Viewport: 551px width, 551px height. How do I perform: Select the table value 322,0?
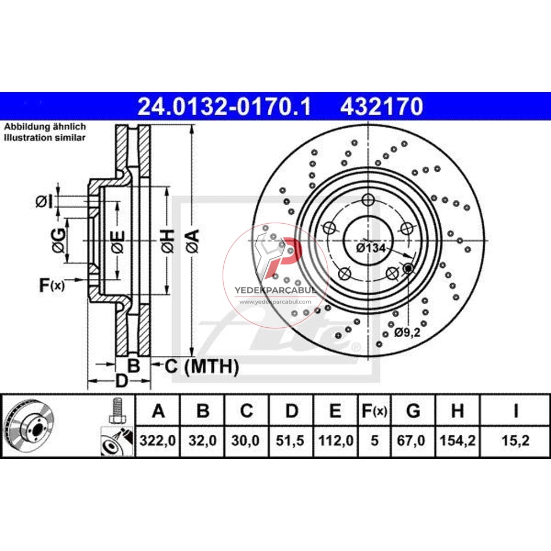coord(158,441)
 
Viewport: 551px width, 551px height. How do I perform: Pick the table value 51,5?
coord(291,441)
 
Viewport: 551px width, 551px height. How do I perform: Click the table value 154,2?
coord(457,441)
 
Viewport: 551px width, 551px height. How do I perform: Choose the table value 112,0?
coord(335,441)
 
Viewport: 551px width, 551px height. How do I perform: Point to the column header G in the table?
coord(413,411)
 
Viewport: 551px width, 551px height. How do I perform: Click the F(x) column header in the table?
coord(374,411)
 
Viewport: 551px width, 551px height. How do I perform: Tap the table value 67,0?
coord(413,441)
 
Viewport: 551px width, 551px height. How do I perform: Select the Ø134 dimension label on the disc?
coord(370,248)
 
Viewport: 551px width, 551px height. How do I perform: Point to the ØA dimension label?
coord(191,241)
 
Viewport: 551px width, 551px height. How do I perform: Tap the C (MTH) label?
coord(202,366)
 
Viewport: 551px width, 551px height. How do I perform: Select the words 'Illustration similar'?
coord(45,138)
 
